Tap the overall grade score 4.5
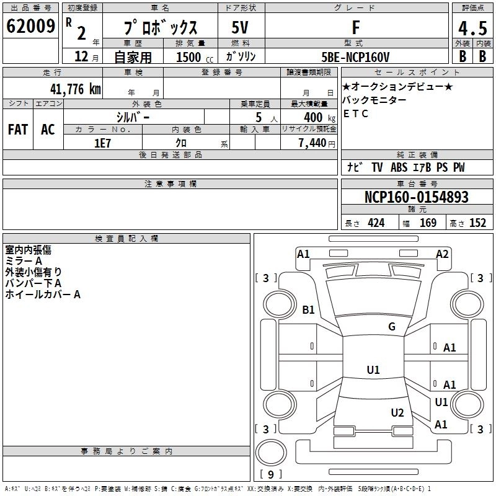(471, 28)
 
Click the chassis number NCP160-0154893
(416, 197)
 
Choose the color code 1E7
(102, 142)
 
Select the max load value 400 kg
(315, 117)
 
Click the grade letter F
(355, 27)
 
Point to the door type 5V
(241, 27)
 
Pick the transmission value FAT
(18, 130)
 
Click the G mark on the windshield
(391, 327)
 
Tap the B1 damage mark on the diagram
(308, 309)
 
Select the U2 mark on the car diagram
(397, 412)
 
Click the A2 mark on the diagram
(442, 254)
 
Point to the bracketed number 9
(270, 475)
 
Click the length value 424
(376, 223)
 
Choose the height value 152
(477, 223)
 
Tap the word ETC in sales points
(356, 113)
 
